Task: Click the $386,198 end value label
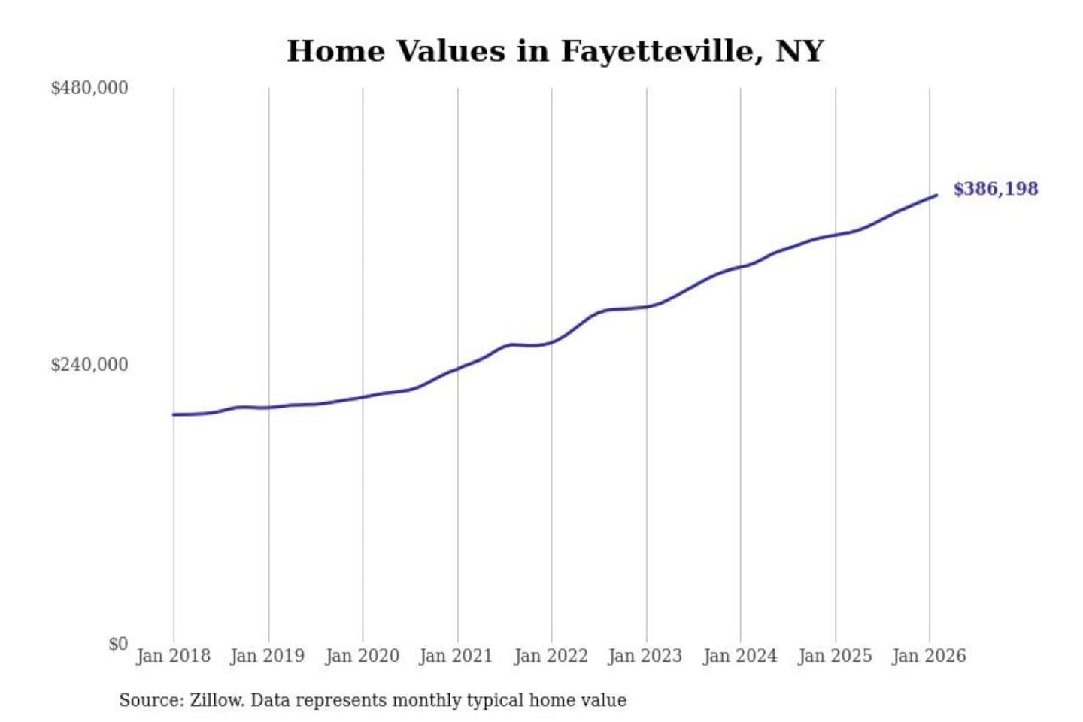click(995, 189)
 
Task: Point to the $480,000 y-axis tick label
click(89, 88)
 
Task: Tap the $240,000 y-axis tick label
click(89, 365)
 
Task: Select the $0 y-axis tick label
click(118, 644)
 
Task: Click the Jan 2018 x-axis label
click(173, 656)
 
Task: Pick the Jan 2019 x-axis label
click(267, 656)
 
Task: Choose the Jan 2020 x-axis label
click(362, 656)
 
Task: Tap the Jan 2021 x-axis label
click(456, 656)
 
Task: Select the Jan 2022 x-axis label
click(551, 656)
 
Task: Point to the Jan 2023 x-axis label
click(645, 656)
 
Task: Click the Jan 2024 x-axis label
click(739, 656)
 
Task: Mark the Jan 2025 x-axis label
click(834, 656)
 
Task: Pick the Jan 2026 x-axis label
click(928, 656)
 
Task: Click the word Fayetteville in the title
click(657, 51)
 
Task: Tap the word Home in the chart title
click(335, 51)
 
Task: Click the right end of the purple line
click(936, 196)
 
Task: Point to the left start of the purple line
click(174, 414)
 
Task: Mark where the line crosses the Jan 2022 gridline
click(551, 343)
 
